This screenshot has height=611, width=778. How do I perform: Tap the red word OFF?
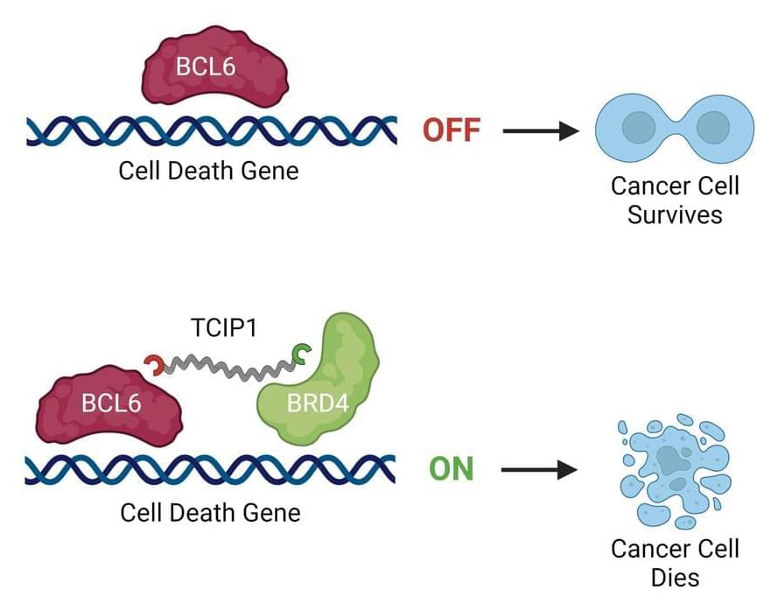pyautogui.click(x=452, y=131)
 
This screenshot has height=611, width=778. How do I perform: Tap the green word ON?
pyautogui.click(x=451, y=469)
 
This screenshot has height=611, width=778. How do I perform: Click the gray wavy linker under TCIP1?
pyautogui.click(x=228, y=367)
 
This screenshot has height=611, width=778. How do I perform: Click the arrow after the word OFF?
pyautogui.click(x=542, y=131)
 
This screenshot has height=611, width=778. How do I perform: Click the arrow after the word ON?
pyautogui.click(x=540, y=470)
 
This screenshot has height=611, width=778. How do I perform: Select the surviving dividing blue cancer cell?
pyautogui.click(x=675, y=129)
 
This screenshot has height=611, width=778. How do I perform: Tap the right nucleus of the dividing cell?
pyautogui.click(x=711, y=129)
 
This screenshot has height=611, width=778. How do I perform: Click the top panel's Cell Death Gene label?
pyautogui.click(x=208, y=170)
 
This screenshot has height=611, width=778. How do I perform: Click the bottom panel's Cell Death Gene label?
pyautogui.click(x=210, y=511)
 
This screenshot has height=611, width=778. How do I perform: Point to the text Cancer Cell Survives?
pyautogui.click(x=675, y=200)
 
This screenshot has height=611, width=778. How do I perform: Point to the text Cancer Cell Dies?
pyautogui.click(x=675, y=563)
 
